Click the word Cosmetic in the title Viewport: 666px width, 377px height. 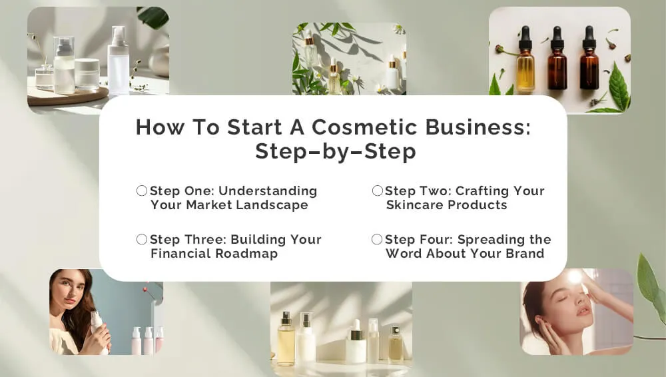pos(364,127)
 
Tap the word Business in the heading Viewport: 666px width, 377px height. pos(478,127)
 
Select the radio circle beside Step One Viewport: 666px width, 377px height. pos(142,190)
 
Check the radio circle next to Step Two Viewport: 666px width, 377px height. pos(377,190)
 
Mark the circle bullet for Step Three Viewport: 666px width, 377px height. pos(142,239)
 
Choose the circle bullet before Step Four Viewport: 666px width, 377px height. pos(377,239)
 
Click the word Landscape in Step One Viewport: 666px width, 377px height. pos(272,205)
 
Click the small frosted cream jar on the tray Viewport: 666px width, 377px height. pos(87,74)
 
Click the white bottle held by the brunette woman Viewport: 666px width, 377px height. pos(97,326)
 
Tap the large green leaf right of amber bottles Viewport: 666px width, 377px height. pos(619,87)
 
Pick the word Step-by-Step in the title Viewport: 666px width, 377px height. pos(336,151)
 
